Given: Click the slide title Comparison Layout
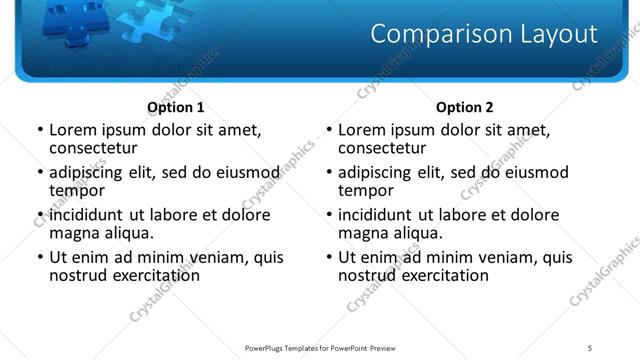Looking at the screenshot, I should (x=483, y=34).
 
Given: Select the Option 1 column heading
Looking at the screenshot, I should (x=175, y=107).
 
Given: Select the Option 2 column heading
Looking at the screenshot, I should (x=464, y=107).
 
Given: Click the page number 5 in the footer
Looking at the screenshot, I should (x=589, y=347).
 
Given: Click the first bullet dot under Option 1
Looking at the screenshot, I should (x=40, y=130).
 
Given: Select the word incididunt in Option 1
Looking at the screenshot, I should (x=87, y=215).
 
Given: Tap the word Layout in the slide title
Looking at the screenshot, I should (x=549, y=34).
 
